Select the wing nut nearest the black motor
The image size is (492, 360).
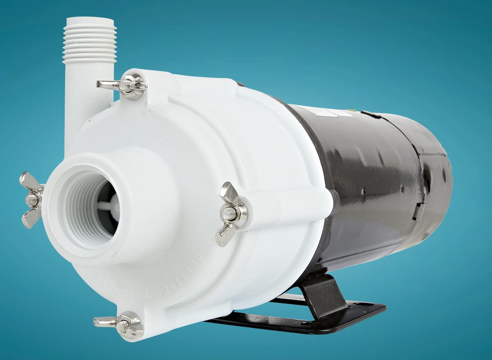[x=230, y=210]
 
